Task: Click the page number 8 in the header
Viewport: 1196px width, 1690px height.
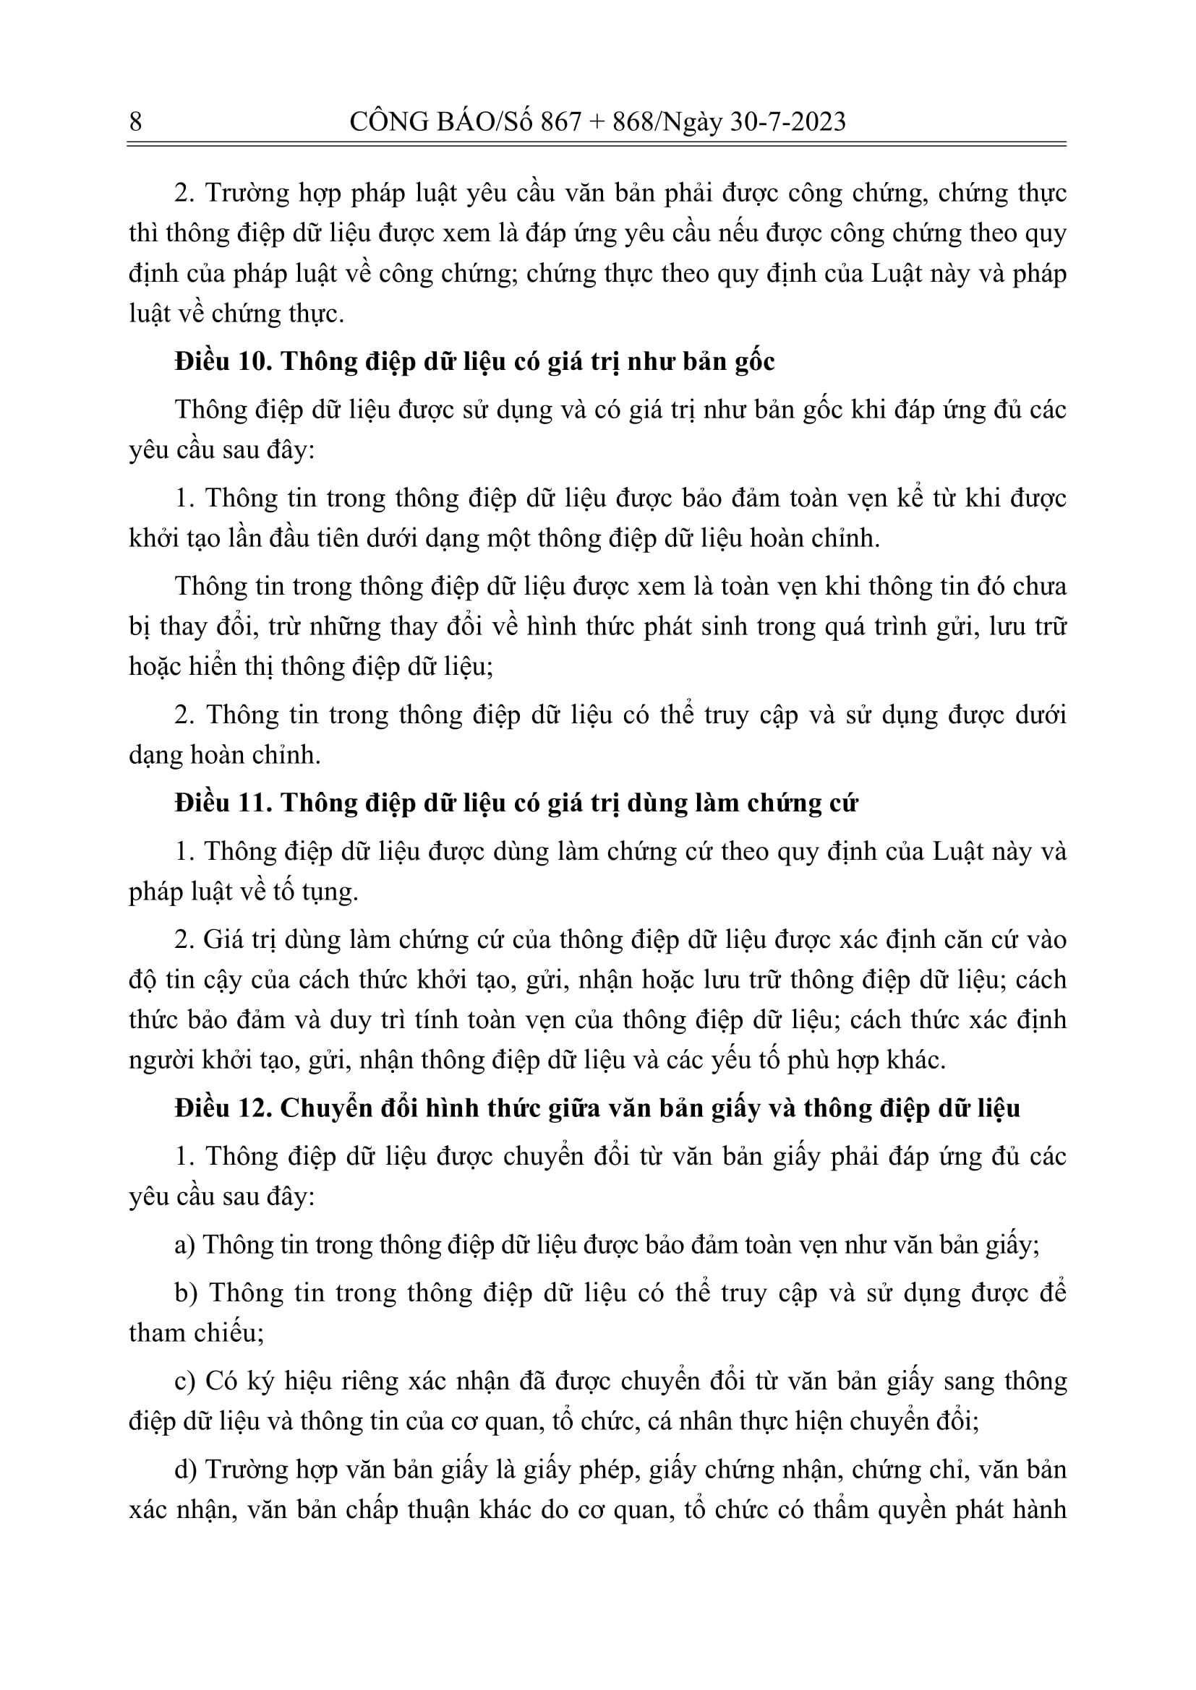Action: click(x=135, y=121)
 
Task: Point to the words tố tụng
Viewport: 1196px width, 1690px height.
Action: click(x=328, y=892)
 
